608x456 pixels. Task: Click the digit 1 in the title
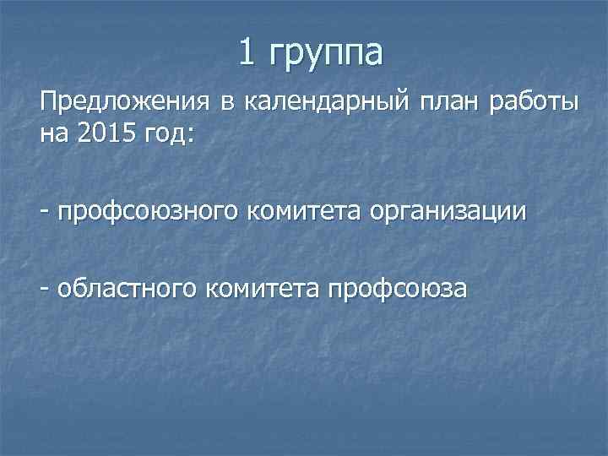coord(247,52)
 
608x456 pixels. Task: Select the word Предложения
coord(124,104)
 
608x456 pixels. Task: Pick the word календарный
coord(325,105)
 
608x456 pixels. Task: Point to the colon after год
coord(191,135)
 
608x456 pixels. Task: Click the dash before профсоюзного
coord(42,210)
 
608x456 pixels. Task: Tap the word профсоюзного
coord(146,211)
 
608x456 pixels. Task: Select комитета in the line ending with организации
coord(302,210)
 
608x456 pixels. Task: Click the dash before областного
coord(42,287)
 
